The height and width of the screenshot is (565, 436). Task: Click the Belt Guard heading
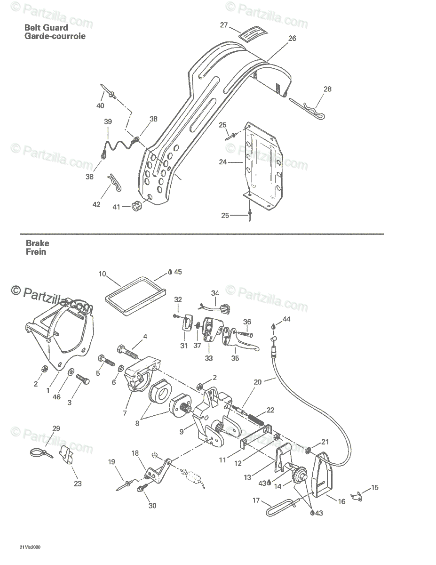(x=46, y=28)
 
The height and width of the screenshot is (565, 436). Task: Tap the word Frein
(x=36, y=252)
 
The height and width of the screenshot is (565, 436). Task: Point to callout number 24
(x=222, y=162)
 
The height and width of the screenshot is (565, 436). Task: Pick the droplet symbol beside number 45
(x=170, y=272)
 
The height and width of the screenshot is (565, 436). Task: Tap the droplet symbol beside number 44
(x=273, y=326)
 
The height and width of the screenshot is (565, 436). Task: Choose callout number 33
(x=208, y=358)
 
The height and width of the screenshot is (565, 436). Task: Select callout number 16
(x=341, y=501)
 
